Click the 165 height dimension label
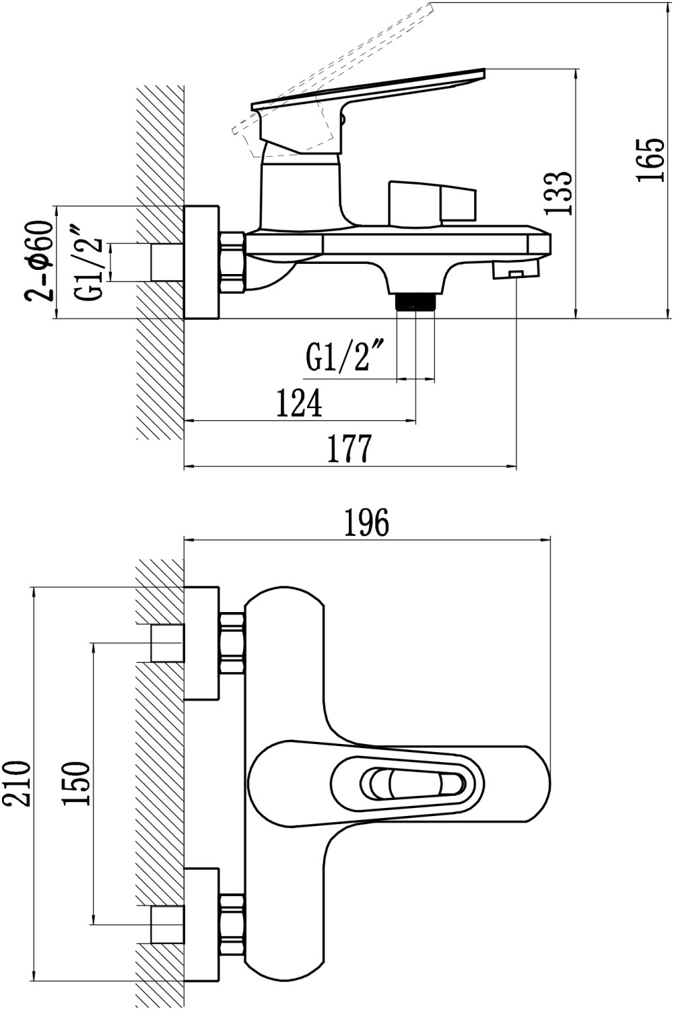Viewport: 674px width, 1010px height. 650,160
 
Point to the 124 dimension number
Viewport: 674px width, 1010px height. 299,403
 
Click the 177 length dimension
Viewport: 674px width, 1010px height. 349,449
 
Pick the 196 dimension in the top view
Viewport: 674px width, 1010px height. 367,523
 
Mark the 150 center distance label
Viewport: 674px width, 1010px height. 75,783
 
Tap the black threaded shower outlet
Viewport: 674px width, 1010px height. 416,301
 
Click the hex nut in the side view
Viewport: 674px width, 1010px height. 233,263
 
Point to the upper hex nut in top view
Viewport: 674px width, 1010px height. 232,643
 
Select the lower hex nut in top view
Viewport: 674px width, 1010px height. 232,922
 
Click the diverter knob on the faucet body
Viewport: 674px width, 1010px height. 431,202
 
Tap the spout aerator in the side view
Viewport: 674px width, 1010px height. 516,270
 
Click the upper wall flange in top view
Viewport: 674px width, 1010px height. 201,643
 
